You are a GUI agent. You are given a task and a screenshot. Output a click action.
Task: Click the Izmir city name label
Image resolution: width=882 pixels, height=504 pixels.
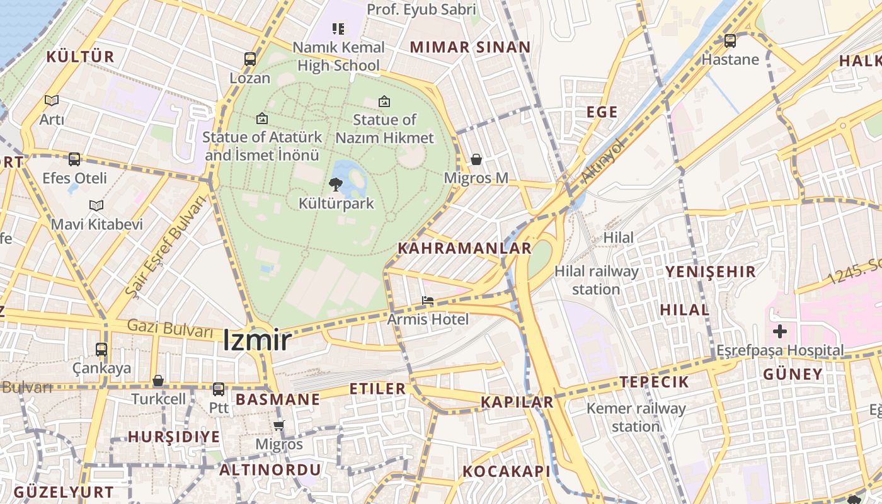click(257, 341)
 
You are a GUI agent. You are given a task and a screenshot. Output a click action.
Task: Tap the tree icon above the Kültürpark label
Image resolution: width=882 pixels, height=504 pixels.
click(336, 185)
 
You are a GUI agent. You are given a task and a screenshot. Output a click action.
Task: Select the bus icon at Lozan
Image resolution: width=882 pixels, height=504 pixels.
click(250, 60)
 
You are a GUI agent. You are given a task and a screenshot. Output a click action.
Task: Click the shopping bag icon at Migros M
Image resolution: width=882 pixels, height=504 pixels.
click(476, 159)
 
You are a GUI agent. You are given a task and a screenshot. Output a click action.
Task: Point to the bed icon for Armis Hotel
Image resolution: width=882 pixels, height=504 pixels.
click(428, 301)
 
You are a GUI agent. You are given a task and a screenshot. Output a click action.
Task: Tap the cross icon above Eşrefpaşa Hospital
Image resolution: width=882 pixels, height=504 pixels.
click(780, 331)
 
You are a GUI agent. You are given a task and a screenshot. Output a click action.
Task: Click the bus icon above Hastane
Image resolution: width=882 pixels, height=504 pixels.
click(730, 41)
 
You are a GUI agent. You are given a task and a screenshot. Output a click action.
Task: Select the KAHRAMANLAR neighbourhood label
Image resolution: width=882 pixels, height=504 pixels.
click(464, 248)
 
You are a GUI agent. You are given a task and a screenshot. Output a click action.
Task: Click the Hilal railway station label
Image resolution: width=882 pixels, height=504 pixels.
click(596, 280)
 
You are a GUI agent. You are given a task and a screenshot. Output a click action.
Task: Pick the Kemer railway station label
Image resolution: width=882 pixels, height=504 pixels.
click(636, 417)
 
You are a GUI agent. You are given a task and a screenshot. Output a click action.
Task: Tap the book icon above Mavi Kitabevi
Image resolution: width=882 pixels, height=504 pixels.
click(96, 206)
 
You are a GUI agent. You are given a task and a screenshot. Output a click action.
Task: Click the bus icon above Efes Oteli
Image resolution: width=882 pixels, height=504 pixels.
click(74, 159)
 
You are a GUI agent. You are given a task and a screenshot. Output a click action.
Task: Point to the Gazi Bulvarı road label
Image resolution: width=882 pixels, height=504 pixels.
click(169, 328)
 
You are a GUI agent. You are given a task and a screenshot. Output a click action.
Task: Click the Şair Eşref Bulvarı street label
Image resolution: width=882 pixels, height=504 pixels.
click(166, 246)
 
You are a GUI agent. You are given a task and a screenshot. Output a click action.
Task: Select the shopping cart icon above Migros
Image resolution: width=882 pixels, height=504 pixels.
click(279, 426)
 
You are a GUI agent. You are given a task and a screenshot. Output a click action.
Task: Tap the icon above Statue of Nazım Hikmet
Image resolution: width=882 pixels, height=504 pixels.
click(384, 101)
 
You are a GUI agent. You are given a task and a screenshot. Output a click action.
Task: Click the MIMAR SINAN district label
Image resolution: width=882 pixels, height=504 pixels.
click(470, 47)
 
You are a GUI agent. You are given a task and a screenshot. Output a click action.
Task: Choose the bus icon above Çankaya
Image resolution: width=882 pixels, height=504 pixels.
click(101, 349)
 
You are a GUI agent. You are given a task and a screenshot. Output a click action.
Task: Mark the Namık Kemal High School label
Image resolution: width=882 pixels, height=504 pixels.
click(339, 56)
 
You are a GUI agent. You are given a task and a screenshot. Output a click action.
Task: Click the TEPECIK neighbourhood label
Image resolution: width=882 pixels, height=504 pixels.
click(654, 382)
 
